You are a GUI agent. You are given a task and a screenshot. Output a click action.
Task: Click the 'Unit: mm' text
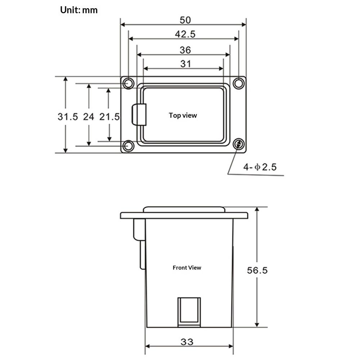pyautogui.click(x=79, y=10)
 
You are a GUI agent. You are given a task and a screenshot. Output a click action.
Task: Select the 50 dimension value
pyautogui.click(x=185, y=20)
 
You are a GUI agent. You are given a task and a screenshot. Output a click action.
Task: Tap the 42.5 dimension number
pyautogui.click(x=185, y=34)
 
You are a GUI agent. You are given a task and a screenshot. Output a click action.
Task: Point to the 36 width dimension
pyautogui.click(x=185, y=50)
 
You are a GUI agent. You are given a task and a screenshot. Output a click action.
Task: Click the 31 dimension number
pyautogui.click(x=185, y=64)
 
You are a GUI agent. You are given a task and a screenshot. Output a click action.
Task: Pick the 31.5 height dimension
pyautogui.click(x=68, y=117)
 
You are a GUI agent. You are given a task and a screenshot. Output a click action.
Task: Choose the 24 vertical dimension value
pyautogui.click(x=89, y=117)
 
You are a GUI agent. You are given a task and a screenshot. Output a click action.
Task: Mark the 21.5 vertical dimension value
pyautogui.click(x=109, y=117)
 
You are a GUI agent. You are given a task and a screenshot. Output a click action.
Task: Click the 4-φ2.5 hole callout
pyautogui.click(x=260, y=167)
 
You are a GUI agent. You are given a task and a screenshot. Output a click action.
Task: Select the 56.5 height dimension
pyautogui.click(x=257, y=270)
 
